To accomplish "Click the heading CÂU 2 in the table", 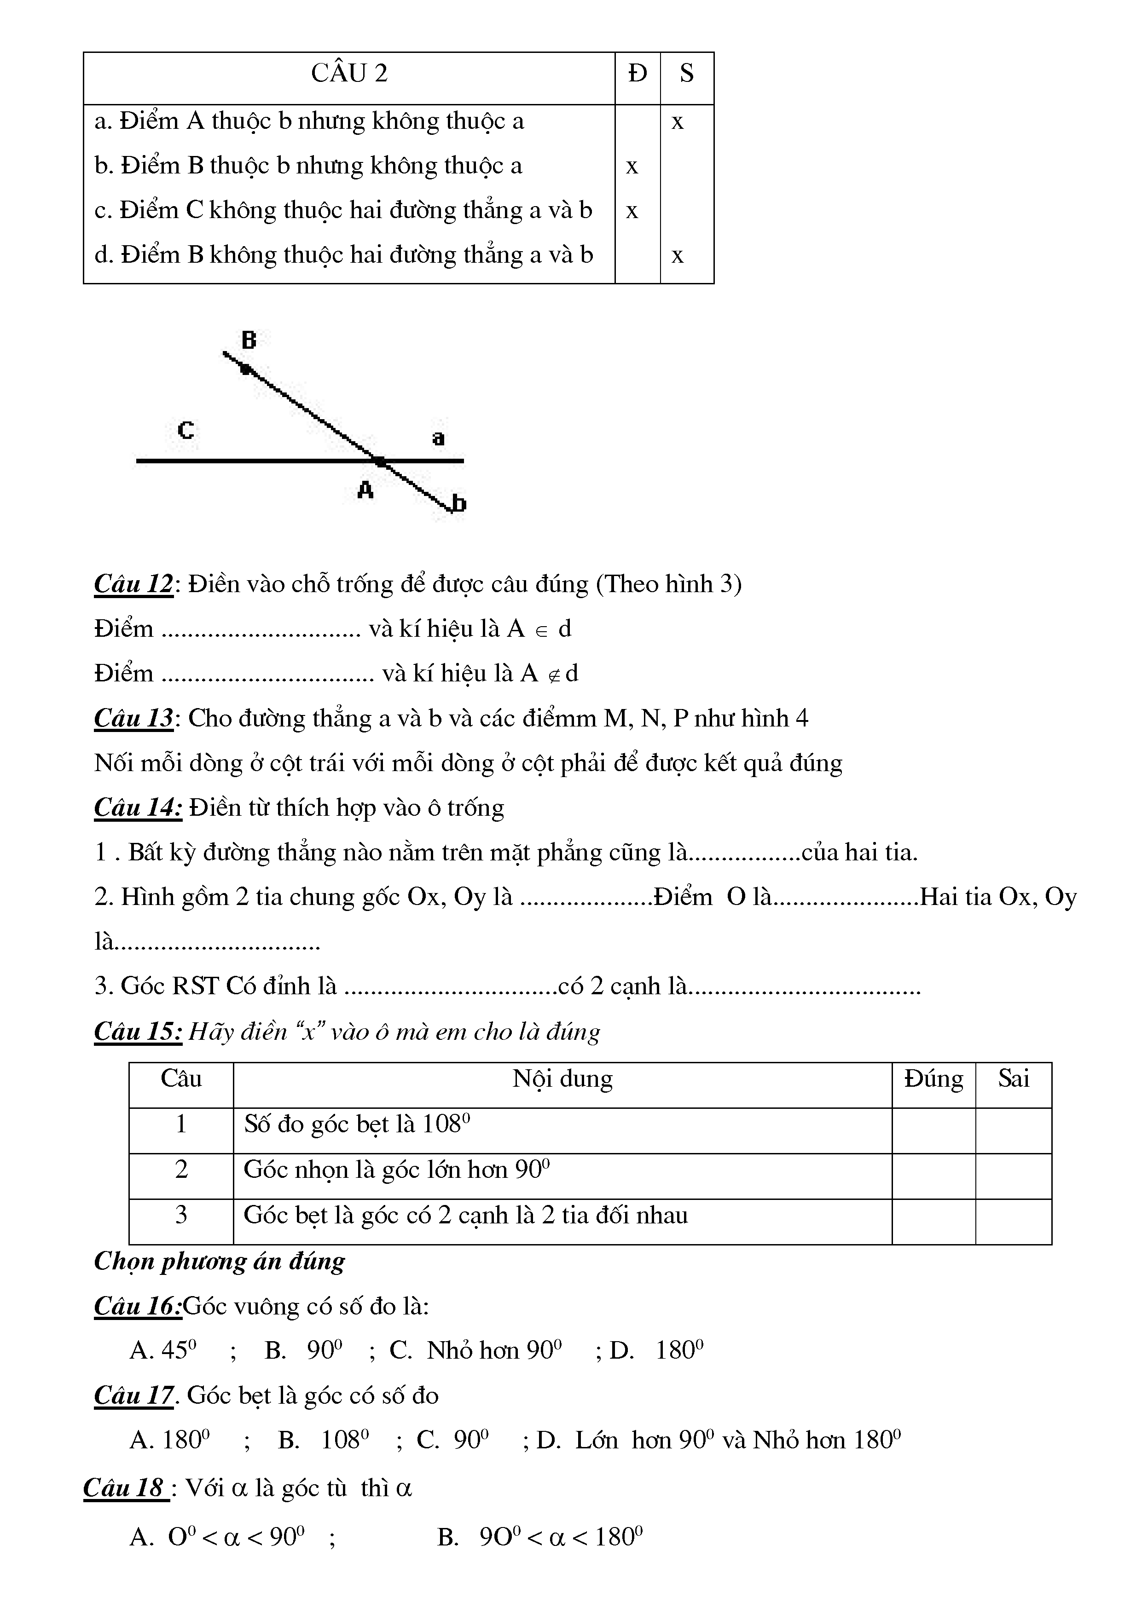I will pos(349,73).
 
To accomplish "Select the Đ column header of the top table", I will pos(637,73).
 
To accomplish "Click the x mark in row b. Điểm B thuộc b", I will pos(632,167).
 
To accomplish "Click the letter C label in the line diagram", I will pos(186,430).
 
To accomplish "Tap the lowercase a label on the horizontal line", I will pos(438,438).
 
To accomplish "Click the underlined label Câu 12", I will pos(133,584).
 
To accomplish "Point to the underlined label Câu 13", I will pos(133,718).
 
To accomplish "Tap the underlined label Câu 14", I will pos(138,808).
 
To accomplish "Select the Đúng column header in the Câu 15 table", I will pos(933,1079).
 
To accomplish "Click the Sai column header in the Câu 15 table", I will pos(1013,1079).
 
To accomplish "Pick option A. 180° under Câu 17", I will pos(170,1441).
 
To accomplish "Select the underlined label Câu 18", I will pos(124,1488).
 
